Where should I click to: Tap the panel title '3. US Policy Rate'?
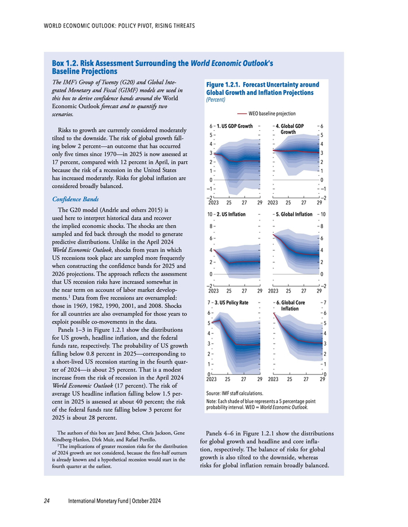234,303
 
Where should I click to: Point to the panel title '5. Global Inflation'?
297,215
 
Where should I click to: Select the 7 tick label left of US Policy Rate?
210,303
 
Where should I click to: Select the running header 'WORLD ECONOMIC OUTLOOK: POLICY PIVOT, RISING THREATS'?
119,26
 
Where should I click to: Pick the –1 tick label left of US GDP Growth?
210,189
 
